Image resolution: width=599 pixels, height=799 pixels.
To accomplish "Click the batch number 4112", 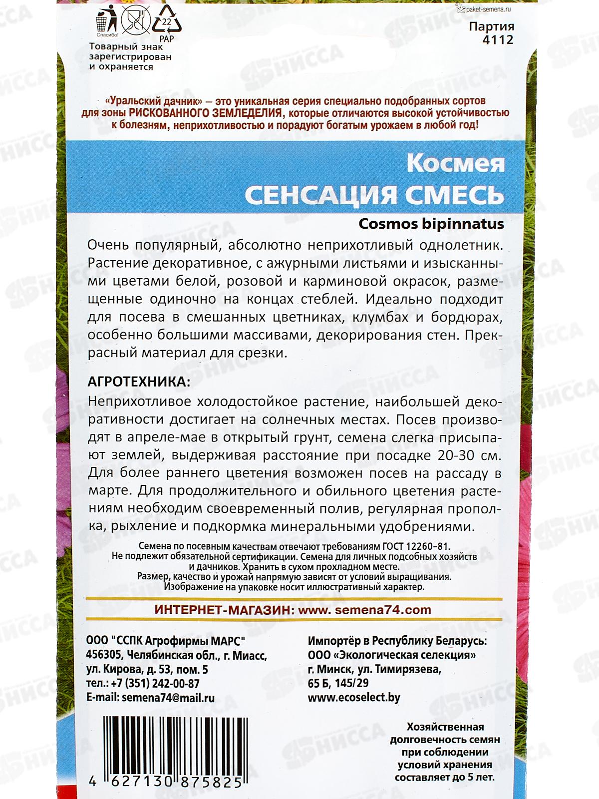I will pyautogui.click(x=498, y=39).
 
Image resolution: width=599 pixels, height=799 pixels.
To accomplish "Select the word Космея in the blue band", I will pyautogui.click(x=455, y=163).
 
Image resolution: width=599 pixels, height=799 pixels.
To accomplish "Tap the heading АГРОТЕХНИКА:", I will pyautogui.click(x=139, y=382).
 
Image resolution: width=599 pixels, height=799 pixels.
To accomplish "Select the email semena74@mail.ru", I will pyautogui.click(x=168, y=698).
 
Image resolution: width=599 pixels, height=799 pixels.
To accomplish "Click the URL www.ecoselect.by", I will pyautogui.click(x=354, y=697).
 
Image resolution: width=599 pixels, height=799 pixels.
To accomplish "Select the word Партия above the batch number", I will pyautogui.click(x=491, y=26).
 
